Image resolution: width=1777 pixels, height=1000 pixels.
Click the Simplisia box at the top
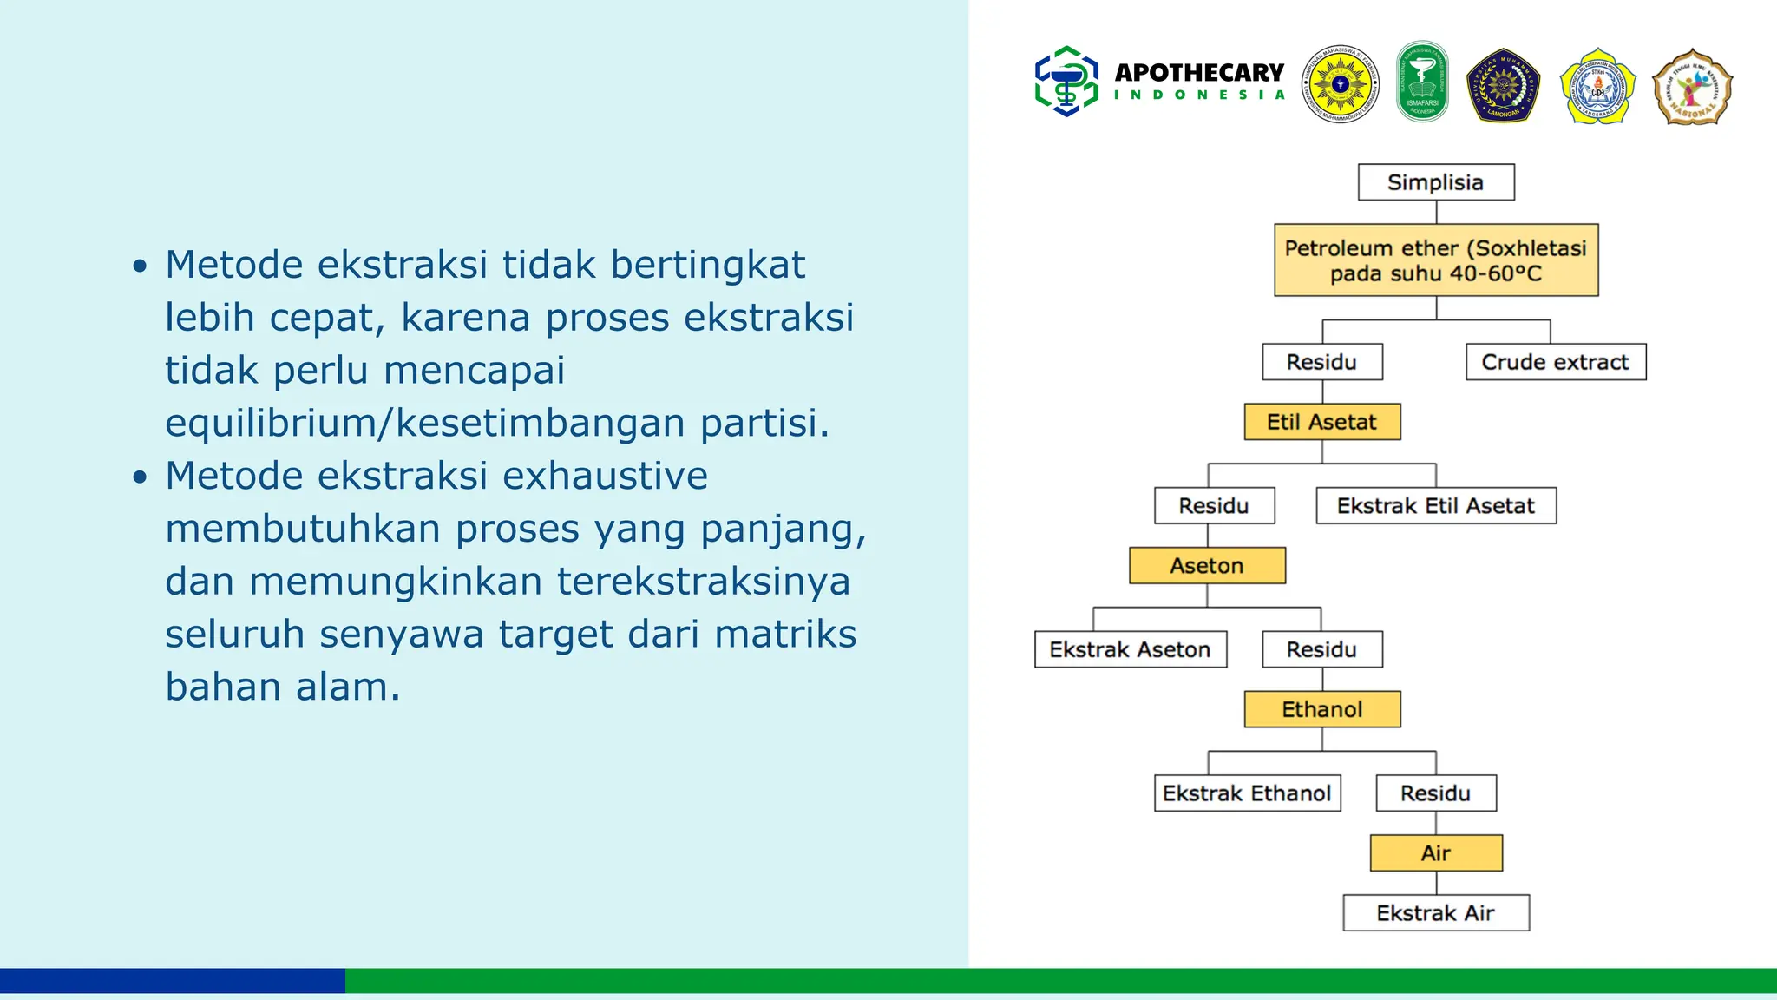click(1436, 182)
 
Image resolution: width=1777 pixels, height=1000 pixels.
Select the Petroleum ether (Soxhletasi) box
click(1436, 260)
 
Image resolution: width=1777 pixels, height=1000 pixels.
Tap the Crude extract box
click(1555, 362)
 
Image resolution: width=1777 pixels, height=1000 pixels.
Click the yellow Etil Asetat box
click(1321, 422)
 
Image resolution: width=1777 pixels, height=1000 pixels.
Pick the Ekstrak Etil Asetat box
click(1435, 506)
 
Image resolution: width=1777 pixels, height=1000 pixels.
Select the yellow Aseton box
click(1207, 566)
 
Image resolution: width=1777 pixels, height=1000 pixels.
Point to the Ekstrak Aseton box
click(1130, 649)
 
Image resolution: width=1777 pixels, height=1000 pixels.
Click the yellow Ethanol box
click(1321, 709)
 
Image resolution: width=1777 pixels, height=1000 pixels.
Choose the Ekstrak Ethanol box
click(1247, 793)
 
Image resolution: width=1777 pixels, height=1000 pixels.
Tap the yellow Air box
click(1436, 853)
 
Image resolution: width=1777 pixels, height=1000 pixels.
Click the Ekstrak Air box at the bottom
click(1436, 913)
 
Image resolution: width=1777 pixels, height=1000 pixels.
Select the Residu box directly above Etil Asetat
click(1321, 362)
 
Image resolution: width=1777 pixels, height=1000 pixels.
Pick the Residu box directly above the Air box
click(1436, 793)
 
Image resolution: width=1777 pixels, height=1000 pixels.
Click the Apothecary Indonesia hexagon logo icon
click(1066, 82)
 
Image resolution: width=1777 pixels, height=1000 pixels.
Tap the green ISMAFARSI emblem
click(1422, 82)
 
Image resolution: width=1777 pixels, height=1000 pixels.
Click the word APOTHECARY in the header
click(1199, 73)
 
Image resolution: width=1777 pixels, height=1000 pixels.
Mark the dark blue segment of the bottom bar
click(172, 981)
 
